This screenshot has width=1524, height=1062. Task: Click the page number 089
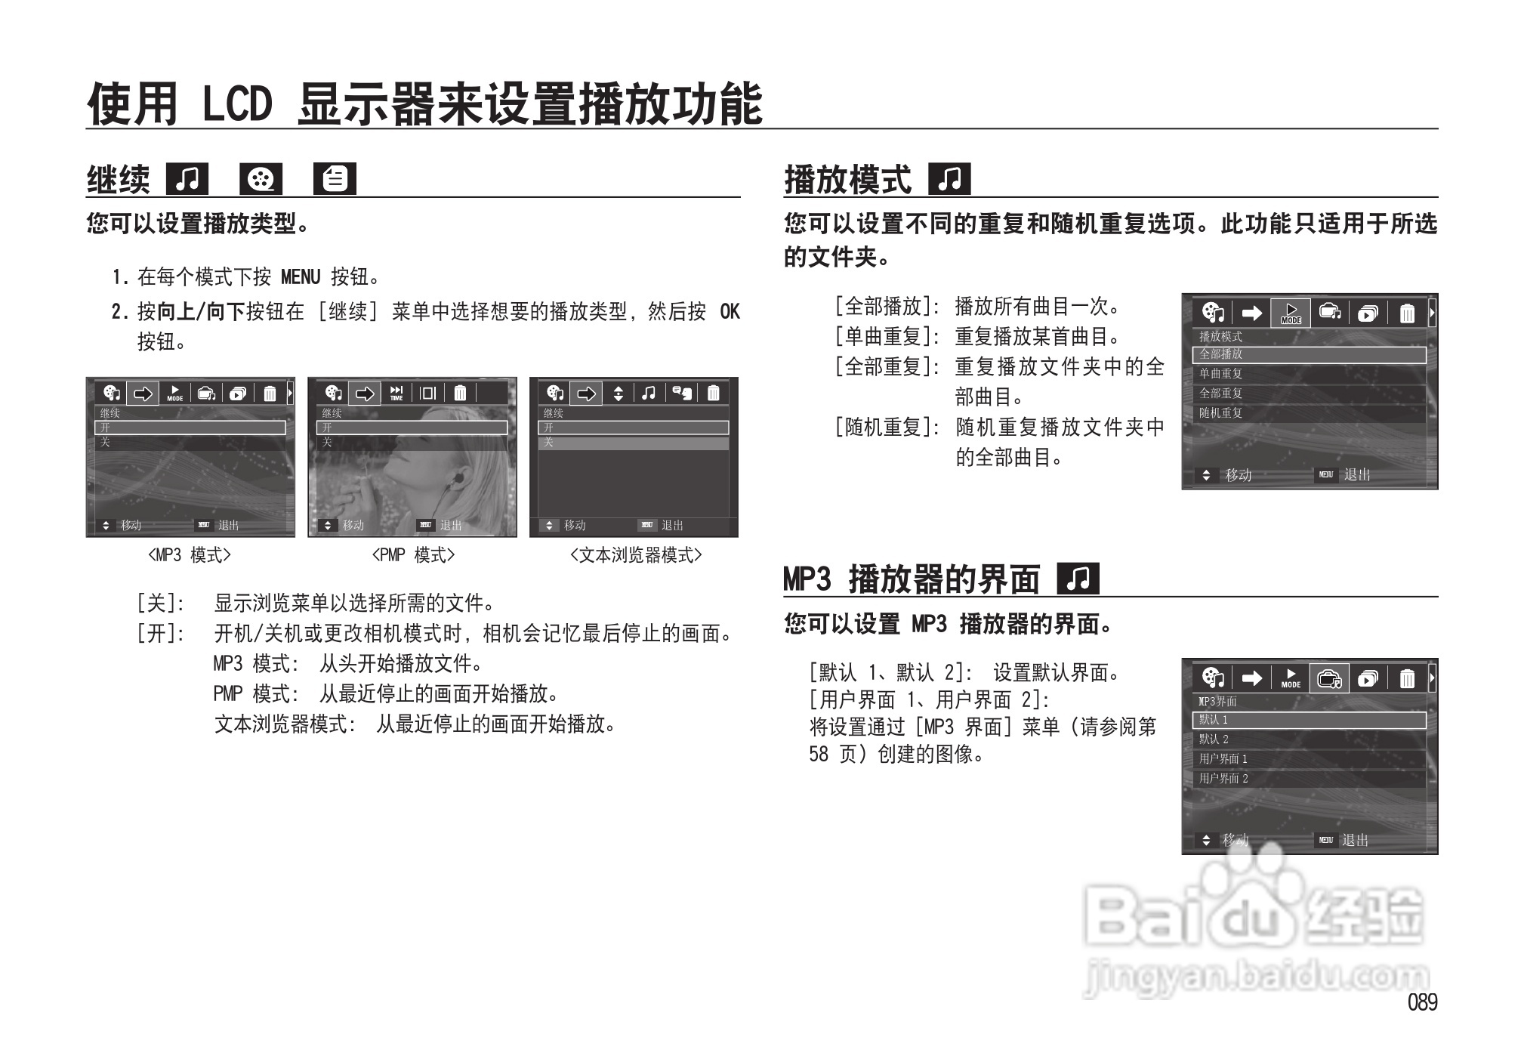[x=1422, y=1002]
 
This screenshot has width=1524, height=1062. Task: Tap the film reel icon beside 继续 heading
[x=261, y=180]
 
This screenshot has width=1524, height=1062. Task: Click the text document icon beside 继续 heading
[x=335, y=180]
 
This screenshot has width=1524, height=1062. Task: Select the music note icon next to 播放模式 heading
[x=950, y=180]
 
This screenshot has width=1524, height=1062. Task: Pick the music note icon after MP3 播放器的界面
[x=1078, y=579]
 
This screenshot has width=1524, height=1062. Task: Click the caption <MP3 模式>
[x=189, y=555]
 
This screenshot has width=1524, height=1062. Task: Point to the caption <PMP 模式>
[x=413, y=555]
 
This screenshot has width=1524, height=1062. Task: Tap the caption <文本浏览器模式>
[x=635, y=555]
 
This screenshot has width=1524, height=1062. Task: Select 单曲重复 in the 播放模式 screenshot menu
[x=1221, y=374]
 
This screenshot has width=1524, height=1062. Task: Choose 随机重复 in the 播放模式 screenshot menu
[x=1221, y=413]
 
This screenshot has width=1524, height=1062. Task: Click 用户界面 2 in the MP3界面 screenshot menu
[x=1223, y=779]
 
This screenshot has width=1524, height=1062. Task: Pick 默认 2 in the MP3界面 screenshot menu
[x=1214, y=739]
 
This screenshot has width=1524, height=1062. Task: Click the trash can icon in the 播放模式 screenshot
[x=1407, y=313]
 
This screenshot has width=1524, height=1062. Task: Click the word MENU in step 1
[x=301, y=277]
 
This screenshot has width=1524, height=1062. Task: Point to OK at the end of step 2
[x=729, y=311]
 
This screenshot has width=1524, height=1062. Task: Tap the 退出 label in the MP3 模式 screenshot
[x=228, y=525]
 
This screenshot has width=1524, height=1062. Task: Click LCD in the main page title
[x=236, y=104]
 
